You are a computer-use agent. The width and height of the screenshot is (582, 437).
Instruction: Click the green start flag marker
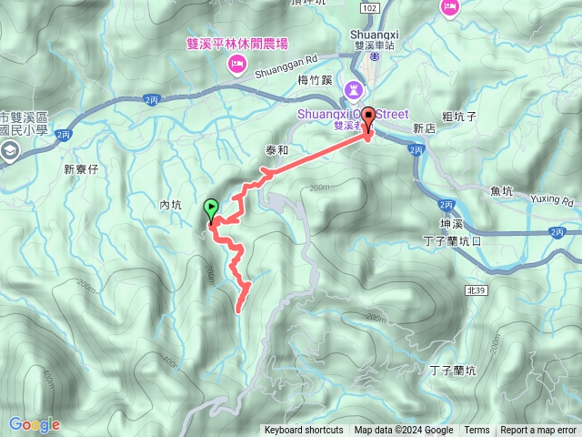point(212,208)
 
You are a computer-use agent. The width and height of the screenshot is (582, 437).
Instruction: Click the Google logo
point(35,424)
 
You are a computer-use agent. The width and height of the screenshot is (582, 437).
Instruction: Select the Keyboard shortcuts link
point(304,431)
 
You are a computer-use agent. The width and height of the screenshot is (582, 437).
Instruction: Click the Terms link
point(477,431)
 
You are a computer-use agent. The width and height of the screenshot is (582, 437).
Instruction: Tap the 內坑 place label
point(171,206)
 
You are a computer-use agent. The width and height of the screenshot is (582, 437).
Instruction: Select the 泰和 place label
point(276,150)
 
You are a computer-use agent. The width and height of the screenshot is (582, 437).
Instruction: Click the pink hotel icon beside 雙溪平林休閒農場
point(236,62)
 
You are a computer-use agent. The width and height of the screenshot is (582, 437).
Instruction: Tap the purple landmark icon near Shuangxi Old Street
point(353,90)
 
